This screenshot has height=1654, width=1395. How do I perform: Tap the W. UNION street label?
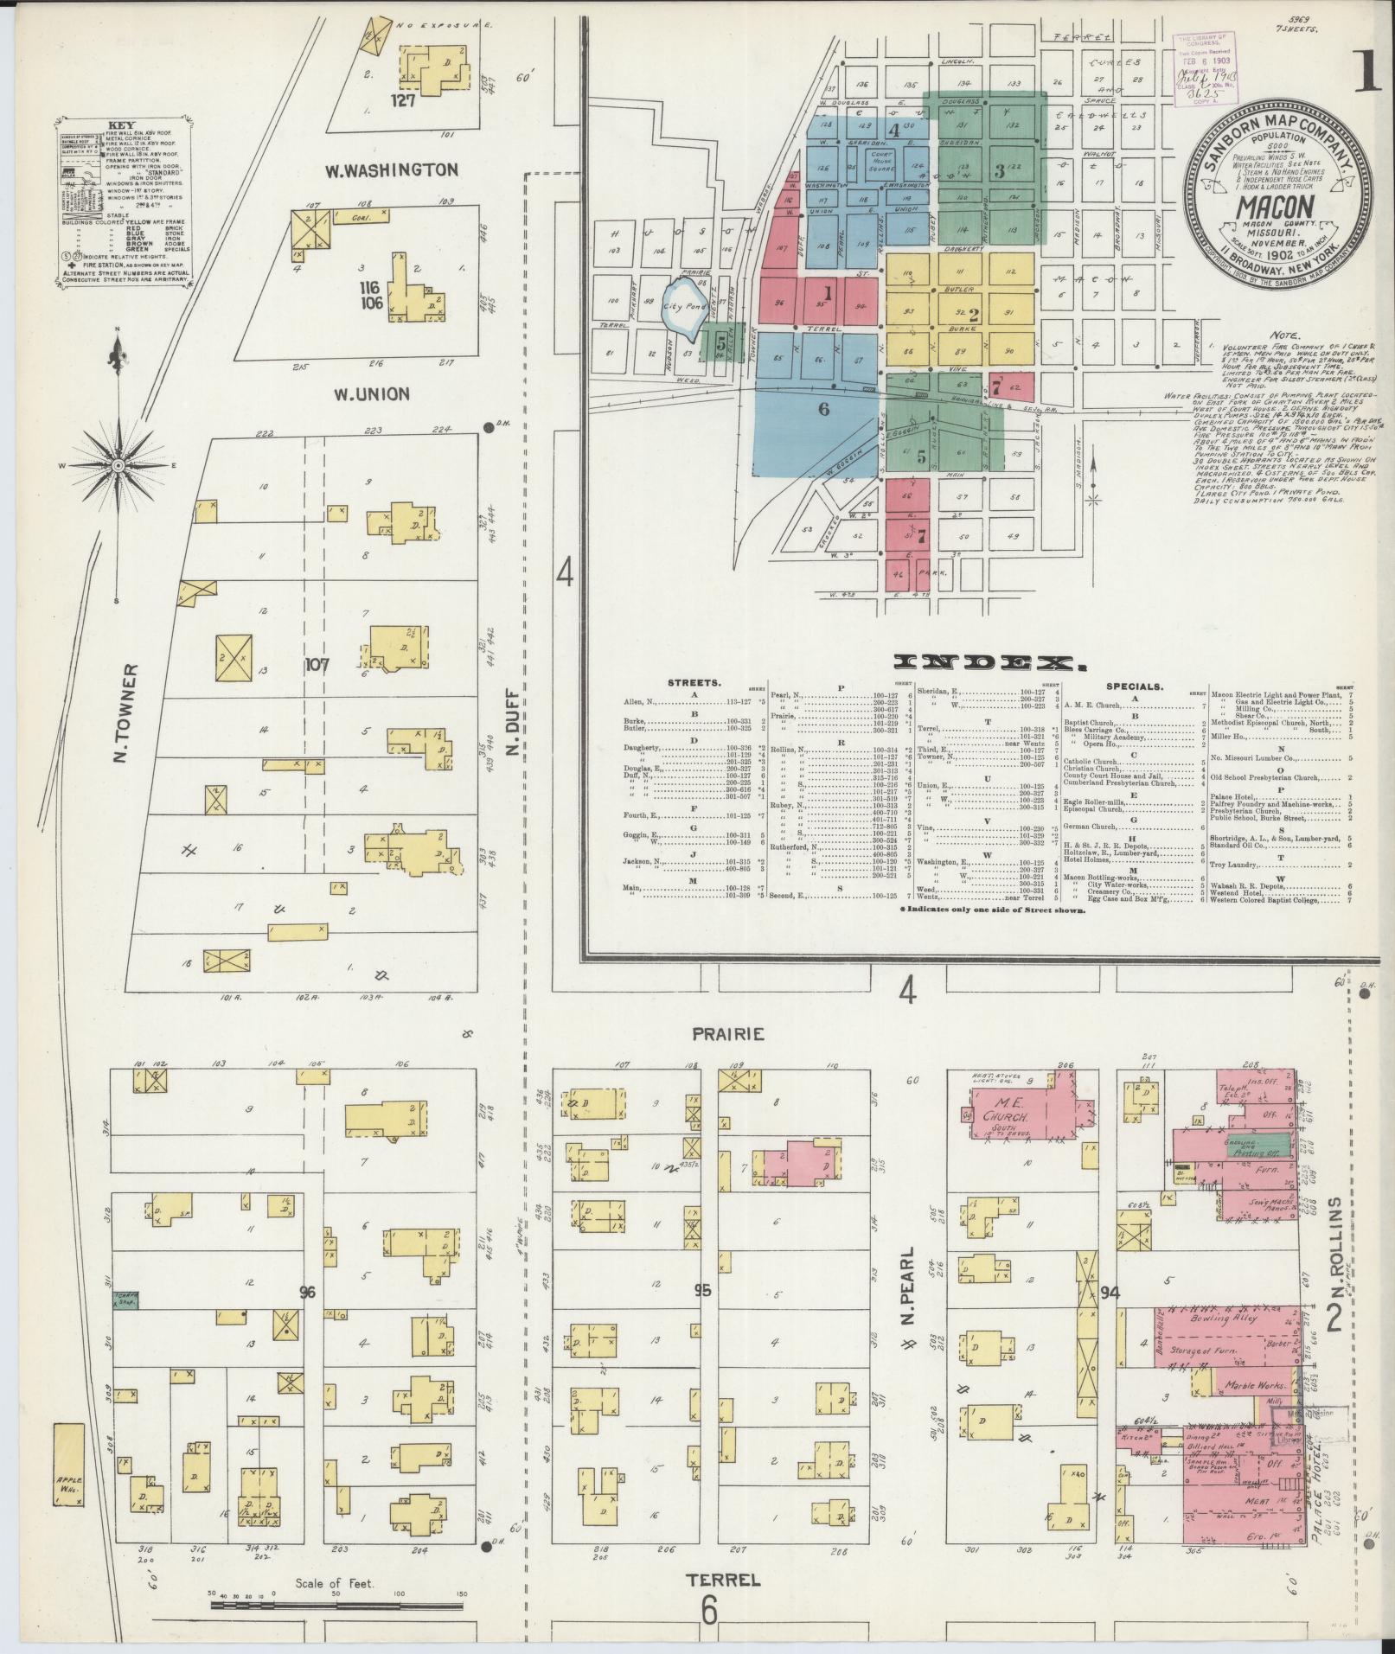pos(368,394)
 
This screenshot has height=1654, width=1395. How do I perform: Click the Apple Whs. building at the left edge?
pos(68,1471)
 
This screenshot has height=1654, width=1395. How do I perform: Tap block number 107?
pos(317,666)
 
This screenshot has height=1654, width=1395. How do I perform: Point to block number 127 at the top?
pos(404,100)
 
